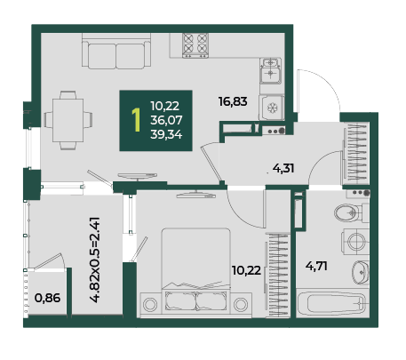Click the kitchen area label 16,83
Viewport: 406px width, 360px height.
(233, 101)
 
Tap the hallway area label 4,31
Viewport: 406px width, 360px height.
(283, 169)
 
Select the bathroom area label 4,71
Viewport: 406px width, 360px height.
(316, 266)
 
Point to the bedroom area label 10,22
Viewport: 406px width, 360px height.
(246, 270)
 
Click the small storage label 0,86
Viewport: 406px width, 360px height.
(47, 298)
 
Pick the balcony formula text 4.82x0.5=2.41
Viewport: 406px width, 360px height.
(97, 260)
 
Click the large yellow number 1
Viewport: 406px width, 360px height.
(136, 120)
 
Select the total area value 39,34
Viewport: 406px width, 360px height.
(166, 135)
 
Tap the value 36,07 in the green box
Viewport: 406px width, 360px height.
(166, 120)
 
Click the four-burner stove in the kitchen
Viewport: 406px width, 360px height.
(195, 45)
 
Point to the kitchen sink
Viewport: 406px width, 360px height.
(271, 71)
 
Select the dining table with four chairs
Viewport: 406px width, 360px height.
(68, 120)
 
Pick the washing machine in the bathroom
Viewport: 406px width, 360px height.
(355, 241)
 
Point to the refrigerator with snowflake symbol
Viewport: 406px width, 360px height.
(272, 108)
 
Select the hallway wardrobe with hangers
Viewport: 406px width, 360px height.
(356, 153)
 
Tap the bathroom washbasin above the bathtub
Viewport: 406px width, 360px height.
(361, 273)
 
